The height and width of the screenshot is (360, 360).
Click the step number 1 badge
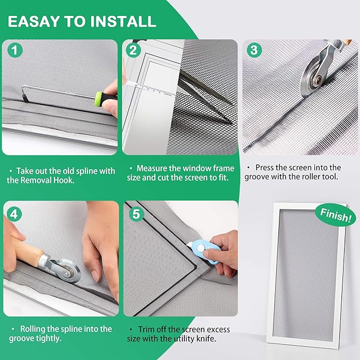[x=15, y=50]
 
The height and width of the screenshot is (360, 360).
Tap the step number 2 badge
[x=133, y=50]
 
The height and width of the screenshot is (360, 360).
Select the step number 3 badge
[x=254, y=50]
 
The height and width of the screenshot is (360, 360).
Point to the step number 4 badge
[x=14, y=214]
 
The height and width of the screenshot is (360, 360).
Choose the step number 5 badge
[x=136, y=214]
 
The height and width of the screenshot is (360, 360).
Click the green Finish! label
[x=336, y=215]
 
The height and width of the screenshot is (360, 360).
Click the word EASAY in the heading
[x=33, y=21]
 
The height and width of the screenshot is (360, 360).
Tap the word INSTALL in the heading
[x=124, y=21]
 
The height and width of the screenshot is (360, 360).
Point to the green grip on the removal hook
[x=99, y=99]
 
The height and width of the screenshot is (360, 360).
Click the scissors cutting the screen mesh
[x=204, y=96]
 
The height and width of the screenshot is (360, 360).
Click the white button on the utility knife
[x=200, y=248]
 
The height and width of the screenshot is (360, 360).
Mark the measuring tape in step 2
[x=149, y=89]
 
